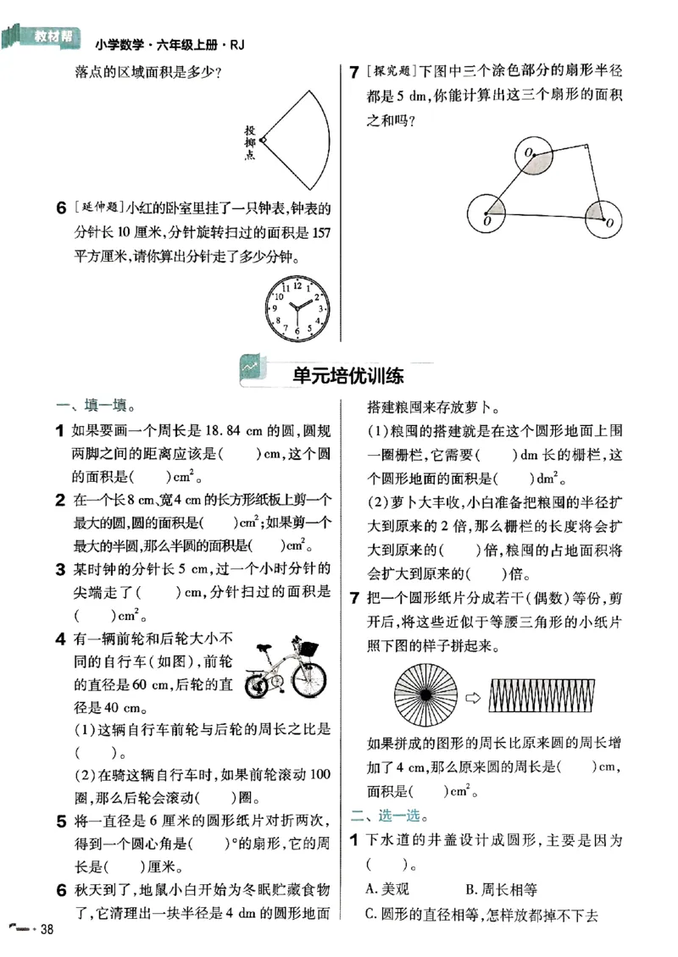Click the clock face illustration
pyautogui.click(x=297, y=307)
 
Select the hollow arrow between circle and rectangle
pyautogui.click(x=473, y=699)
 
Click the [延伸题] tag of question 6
pyautogui.click(x=97, y=208)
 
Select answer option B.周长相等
pyautogui.click(x=502, y=889)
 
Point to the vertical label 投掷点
pyautogui.click(x=250, y=142)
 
